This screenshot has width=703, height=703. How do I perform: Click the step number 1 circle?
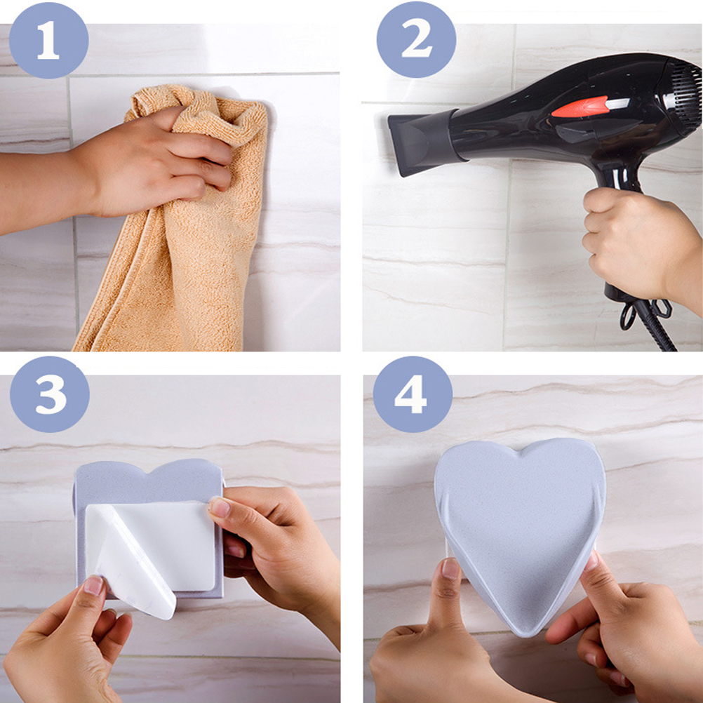pos(49,41)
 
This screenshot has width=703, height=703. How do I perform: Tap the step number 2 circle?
pos(416,41)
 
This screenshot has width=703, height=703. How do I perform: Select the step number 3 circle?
pos(49,394)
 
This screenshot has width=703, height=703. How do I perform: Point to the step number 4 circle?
pos(413,394)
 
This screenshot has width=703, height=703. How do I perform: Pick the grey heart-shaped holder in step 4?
pos(520,533)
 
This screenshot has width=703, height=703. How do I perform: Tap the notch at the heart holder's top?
pos(521,453)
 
